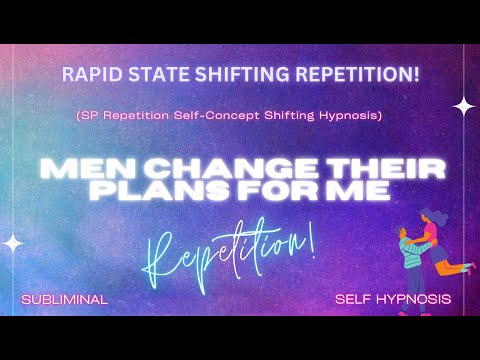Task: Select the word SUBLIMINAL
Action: tap(64, 298)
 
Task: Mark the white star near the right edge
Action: tap(463, 104)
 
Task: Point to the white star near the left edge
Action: tap(14, 242)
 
